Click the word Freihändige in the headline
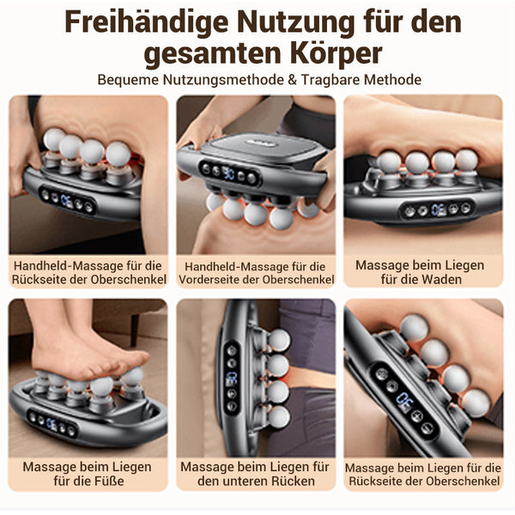coord(147,22)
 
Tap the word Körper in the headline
coord(336,53)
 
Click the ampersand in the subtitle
coord(292,80)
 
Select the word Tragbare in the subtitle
coord(330,80)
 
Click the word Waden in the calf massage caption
coord(442,280)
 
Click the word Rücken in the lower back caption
coord(293,481)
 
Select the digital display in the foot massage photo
coord(51,424)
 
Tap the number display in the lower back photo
coord(232,379)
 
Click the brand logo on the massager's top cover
coord(262,143)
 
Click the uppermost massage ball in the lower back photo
coord(278,340)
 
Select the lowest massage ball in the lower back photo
coord(278,416)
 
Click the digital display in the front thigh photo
coord(228,173)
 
